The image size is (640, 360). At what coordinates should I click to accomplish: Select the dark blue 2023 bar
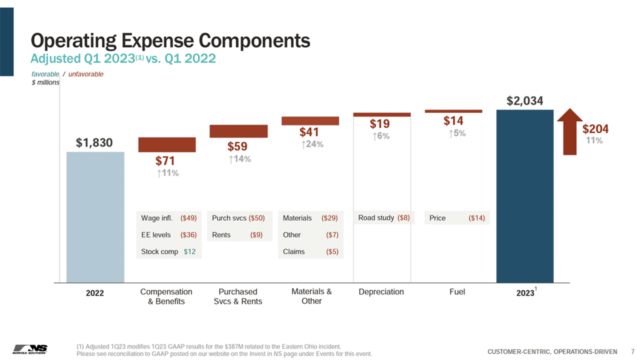point(524,196)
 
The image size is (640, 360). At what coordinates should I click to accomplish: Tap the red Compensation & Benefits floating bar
point(167,144)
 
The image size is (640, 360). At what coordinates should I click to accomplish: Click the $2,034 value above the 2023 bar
point(524,100)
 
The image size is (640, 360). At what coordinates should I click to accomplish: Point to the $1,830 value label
point(94,142)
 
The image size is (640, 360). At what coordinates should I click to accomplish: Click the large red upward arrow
point(569,131)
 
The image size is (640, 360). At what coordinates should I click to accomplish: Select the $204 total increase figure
point(595,129)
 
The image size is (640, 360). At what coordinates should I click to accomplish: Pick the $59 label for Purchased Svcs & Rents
point(237,147)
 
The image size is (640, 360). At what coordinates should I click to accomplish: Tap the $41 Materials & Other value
point(309,132)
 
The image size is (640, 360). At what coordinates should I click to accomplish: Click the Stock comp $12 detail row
point(169,251)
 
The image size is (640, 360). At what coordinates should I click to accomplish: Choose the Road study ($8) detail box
point(384,218)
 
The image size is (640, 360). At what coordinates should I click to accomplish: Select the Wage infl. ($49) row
point(169,218)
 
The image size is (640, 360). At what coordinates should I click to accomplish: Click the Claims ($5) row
point(310,251)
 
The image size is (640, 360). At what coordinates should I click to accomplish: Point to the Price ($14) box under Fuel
point(457,218)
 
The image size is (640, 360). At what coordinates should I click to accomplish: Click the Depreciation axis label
point(381,292)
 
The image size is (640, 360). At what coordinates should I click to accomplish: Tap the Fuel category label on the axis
point(457,292)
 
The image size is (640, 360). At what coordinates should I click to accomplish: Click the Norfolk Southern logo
point(30,348)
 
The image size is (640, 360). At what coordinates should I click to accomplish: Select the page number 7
point(632,351)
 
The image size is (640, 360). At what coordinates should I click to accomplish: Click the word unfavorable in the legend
point(86,74)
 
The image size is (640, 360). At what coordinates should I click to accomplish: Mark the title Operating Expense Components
point(171,41)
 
